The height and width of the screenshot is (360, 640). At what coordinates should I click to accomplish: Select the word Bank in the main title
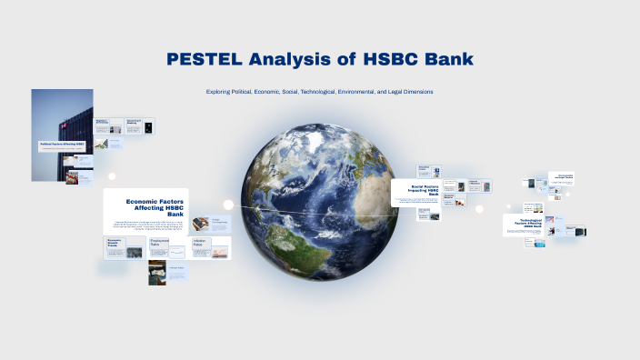coord(449,59)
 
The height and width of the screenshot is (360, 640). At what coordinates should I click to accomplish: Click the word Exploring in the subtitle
coord(223,92)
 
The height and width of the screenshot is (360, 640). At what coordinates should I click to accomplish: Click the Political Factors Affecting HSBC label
coord(62,144)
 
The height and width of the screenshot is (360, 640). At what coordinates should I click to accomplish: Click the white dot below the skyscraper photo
coord(112,176)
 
